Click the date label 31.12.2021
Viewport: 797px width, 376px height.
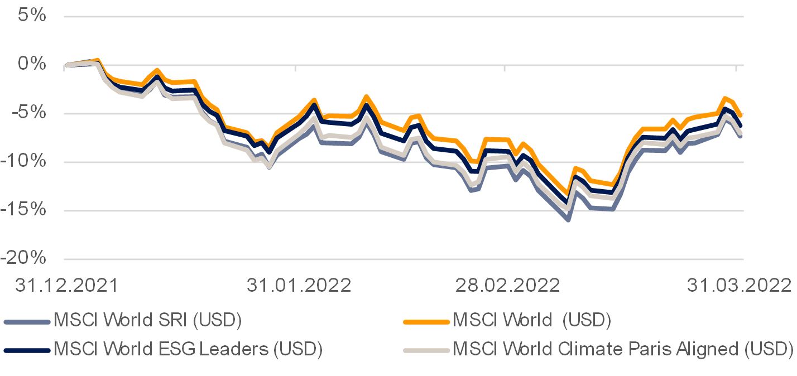click(x=66, y=285)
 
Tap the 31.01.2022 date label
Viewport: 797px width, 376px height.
click(x=299, y=285)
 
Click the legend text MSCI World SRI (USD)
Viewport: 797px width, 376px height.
click(x=147, y=320)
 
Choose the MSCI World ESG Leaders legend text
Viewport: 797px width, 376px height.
click(x=188, y=349)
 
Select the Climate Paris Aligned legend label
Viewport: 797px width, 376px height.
click(x=623, y=349)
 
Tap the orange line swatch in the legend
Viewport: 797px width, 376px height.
click(x=426, y=321)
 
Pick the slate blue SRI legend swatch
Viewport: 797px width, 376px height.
click(x=27, y=321)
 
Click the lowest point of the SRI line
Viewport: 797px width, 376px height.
click(x=568, y=219)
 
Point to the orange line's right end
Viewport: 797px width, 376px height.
click(x=741, y=115)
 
